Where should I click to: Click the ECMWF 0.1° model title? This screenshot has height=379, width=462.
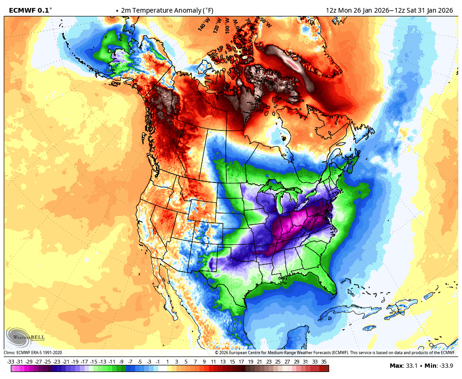coord(31,10)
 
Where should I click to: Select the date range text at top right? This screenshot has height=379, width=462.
coord(389,10)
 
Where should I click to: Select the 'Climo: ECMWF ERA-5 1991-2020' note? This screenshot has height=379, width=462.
coord(33,353)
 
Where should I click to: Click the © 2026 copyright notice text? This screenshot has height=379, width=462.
coord(335,353)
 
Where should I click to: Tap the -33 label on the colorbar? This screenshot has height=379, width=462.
coord(10,362)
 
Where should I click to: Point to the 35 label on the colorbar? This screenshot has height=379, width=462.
coord(324,362)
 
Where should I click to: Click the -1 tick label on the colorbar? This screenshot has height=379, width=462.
coord(158,362)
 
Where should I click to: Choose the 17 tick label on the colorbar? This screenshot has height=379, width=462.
coord(241,362)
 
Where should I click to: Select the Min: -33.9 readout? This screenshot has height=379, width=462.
coord(439,366)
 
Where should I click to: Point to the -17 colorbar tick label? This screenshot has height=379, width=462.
coord(84,362)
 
